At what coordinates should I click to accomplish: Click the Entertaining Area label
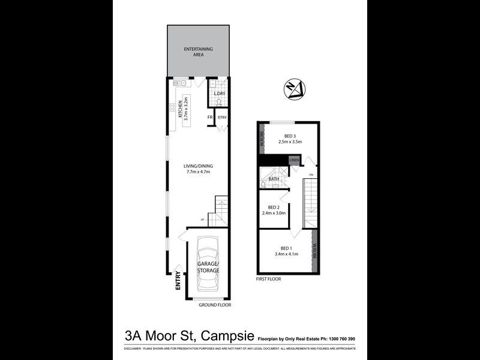tap(198, 52)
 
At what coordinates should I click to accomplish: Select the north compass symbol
tap(293, 89)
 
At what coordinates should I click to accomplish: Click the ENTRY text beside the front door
tap(178, 281)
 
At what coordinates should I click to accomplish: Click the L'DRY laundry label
tap(219, 94)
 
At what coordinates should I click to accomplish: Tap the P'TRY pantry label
tap(221, 117)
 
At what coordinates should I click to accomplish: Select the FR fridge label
tap(210, 117)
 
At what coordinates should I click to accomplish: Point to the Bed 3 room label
tap(289, 138)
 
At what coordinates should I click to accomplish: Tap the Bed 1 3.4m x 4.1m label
tap(286, 251)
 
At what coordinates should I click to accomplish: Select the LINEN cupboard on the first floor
tap(293, 160)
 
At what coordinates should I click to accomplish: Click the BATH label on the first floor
tap(274, 179)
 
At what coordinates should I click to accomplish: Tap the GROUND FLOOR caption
tap(215, 305)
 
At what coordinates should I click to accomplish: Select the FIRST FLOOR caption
tap(268, 279)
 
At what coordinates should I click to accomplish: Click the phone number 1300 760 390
tap(338, 339)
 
